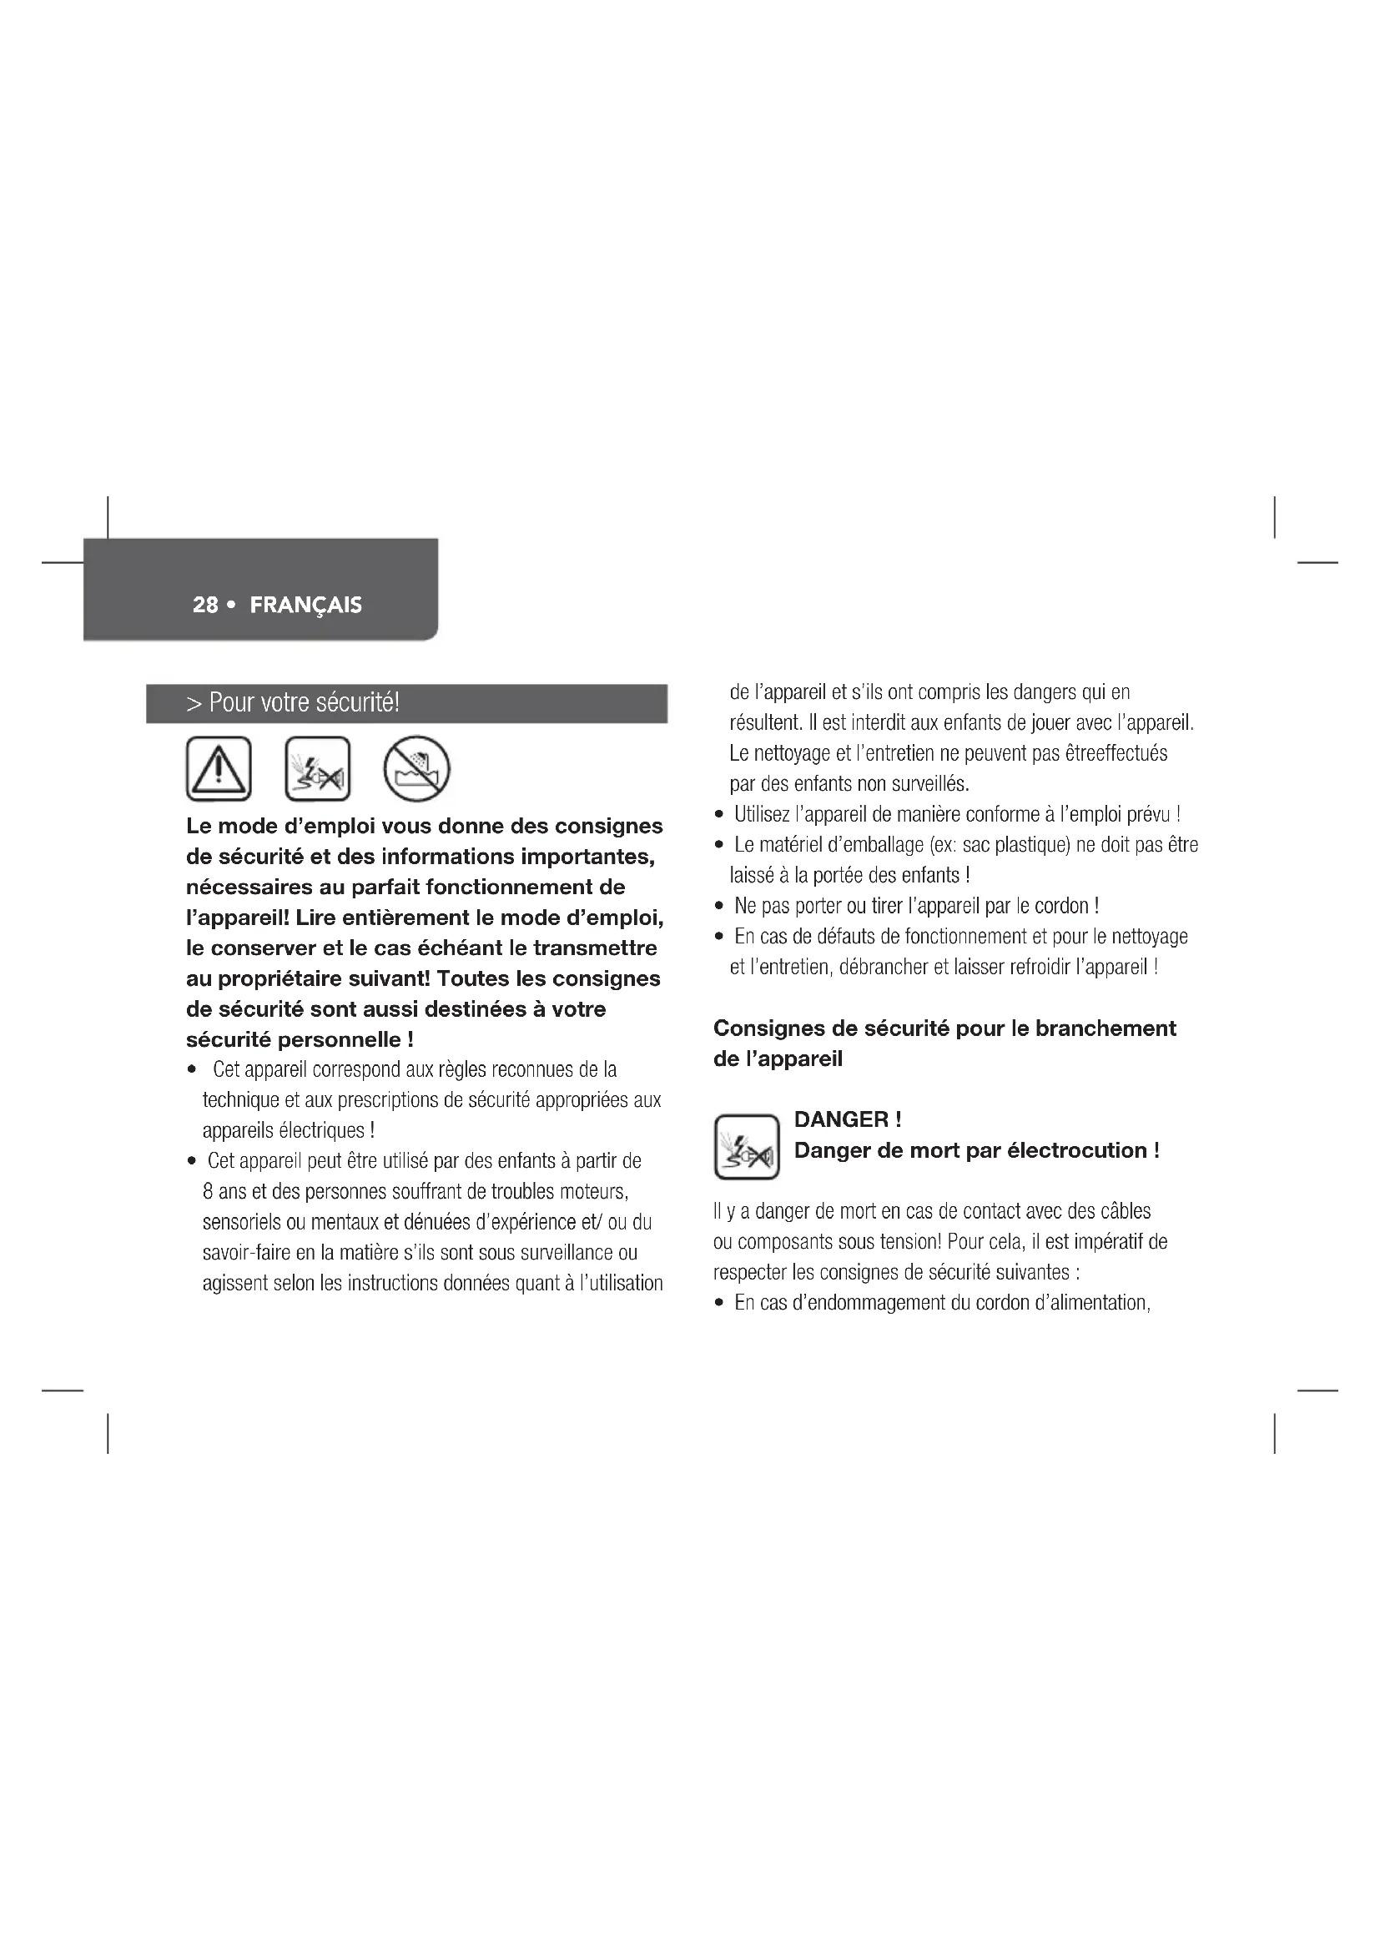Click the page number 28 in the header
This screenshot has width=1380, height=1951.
coord(205,604)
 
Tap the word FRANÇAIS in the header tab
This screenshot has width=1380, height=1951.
coord(306,605)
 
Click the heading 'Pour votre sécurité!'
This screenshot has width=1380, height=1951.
coord(304,702)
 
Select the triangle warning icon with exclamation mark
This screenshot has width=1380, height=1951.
coord(219,768)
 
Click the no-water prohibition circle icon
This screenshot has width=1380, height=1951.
coord(416,768)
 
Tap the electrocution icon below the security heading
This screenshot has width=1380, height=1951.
coord(318,768)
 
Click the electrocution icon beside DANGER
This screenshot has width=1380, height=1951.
coord(747,1146)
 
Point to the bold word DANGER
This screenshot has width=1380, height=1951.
coord(840,1119)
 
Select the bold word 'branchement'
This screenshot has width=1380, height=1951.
coord(1106,1028)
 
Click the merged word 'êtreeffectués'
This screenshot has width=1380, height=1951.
coord(1116,753)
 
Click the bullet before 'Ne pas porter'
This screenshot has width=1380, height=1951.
coord(719,907)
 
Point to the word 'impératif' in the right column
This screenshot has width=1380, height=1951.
coord(1108,1241)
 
